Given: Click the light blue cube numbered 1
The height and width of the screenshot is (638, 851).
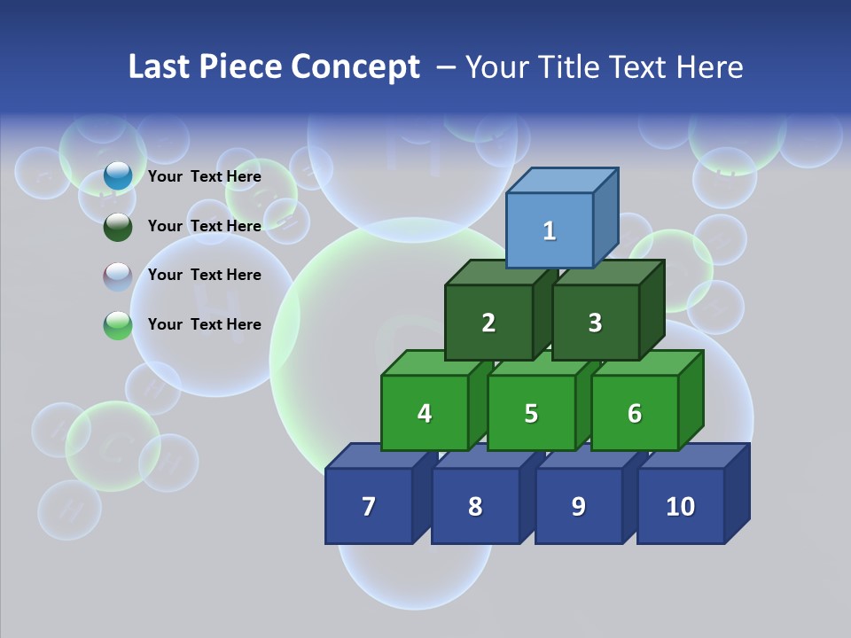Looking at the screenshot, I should coord(550,230).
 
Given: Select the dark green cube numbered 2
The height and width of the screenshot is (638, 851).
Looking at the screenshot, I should coord(488,323).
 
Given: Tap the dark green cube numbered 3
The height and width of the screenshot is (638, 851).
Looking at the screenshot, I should coord(595,323).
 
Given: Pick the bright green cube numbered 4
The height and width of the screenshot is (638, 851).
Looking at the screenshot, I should coord(425,413).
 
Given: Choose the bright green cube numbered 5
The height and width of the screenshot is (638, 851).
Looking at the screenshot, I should coord(531,413).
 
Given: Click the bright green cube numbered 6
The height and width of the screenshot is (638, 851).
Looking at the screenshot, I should coord(635,413).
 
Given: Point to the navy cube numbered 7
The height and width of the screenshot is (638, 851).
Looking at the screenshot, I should coord(369,506).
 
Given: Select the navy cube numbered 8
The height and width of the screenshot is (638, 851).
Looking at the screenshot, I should coord(475,506).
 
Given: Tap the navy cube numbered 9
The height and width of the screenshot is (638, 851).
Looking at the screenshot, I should coord(579,506).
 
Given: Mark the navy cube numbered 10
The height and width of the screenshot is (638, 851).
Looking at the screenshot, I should coord(680,506).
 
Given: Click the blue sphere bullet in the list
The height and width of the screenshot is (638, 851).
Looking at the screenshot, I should coord(118,176).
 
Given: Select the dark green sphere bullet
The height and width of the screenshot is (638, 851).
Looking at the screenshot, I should coord(118,226).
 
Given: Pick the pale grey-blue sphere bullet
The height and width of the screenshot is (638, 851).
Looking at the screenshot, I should coord(118,276).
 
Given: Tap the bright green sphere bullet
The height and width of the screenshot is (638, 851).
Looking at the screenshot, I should coord(118,325).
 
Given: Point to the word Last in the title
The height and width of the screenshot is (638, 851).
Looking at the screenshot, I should coord(160,67).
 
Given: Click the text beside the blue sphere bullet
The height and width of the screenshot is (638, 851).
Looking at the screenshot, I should coord(205,176).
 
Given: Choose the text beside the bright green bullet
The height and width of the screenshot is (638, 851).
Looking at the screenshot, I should coord(205,324).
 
